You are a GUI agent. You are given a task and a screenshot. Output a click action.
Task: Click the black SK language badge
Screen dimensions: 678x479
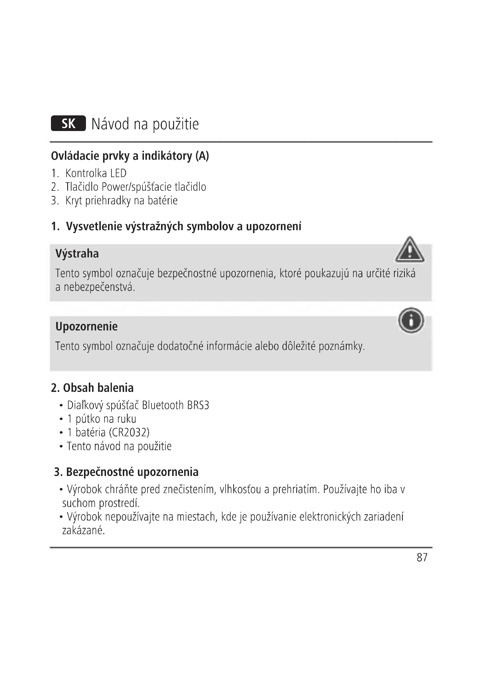point(68,123)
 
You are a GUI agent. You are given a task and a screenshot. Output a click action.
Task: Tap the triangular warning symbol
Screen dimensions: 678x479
point(410,250)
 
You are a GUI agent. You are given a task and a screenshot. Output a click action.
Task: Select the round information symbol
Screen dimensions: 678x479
point(411,320)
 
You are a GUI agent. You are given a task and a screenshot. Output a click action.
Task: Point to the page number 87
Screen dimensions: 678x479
point(422,557)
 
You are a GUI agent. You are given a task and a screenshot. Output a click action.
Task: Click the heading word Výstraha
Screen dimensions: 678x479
point(77,254)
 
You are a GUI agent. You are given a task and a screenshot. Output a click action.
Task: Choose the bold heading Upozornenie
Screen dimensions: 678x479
point(86,326)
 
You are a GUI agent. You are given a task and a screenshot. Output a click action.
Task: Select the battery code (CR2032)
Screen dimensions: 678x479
point(129,432)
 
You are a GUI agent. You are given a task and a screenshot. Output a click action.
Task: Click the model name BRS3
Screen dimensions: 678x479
point(198,406)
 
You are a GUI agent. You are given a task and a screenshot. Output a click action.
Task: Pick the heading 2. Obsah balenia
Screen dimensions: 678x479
point(92,388)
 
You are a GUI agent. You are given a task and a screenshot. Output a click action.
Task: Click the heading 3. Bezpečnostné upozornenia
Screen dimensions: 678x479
point(126,472)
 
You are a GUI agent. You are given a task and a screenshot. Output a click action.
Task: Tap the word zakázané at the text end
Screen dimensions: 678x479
point(83,530)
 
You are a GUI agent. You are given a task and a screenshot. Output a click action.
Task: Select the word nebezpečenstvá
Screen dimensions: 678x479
point(99,287)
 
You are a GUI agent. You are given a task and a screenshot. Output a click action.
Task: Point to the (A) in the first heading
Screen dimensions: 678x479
point(202,156)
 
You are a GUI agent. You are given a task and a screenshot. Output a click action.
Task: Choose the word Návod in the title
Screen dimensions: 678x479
point(110,124)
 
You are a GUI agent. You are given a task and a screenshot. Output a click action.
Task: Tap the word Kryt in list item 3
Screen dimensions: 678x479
point(74,201)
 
